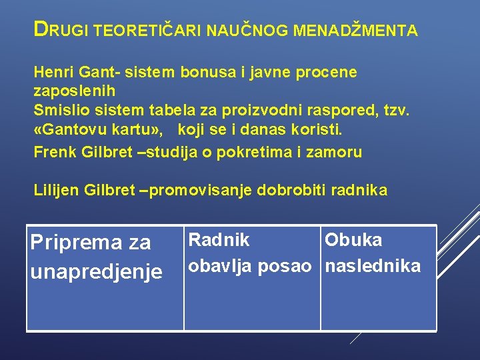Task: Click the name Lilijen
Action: click(57, 191)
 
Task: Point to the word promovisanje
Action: click(198, 191)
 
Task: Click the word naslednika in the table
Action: click(373, 266)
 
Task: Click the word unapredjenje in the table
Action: click(96, 272)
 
